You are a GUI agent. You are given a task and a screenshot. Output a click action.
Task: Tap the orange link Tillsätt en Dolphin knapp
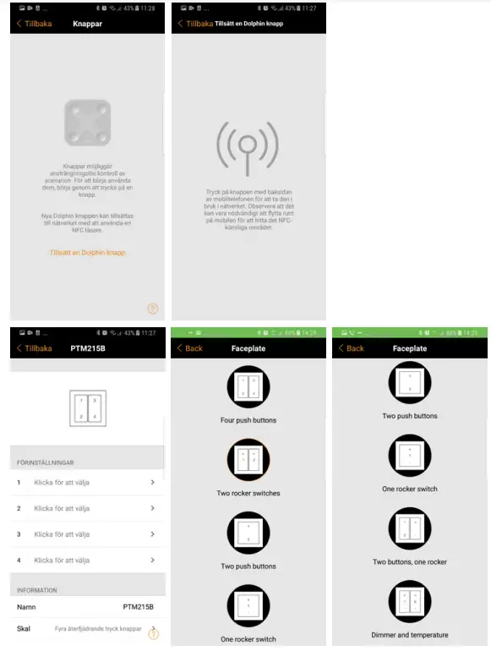pos(88,252)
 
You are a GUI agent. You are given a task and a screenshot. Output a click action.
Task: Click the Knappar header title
pos(87,24)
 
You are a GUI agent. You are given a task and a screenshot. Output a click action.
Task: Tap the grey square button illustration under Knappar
pos(88,122)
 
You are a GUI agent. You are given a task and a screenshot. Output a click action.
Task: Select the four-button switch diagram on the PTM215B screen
pos(87,408)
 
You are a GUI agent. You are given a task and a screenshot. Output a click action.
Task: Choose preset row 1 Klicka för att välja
pos(62,483)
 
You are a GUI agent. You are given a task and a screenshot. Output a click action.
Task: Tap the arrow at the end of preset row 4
pos(153,561)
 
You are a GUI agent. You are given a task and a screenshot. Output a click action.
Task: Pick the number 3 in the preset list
pos(19,534)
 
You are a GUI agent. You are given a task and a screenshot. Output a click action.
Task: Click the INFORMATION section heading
pos(37,590)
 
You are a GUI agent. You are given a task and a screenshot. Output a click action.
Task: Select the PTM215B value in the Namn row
pos(138,607)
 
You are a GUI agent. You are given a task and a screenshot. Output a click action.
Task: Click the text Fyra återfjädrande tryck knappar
pos(97,630)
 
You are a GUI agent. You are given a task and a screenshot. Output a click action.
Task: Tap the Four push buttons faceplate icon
pos(248,386)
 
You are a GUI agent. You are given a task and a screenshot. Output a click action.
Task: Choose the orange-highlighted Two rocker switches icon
pos(248,460)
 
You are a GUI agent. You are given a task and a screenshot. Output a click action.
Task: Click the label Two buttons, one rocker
pos(409,561)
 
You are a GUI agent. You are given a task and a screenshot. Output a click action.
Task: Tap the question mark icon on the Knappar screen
pos(153,309)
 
